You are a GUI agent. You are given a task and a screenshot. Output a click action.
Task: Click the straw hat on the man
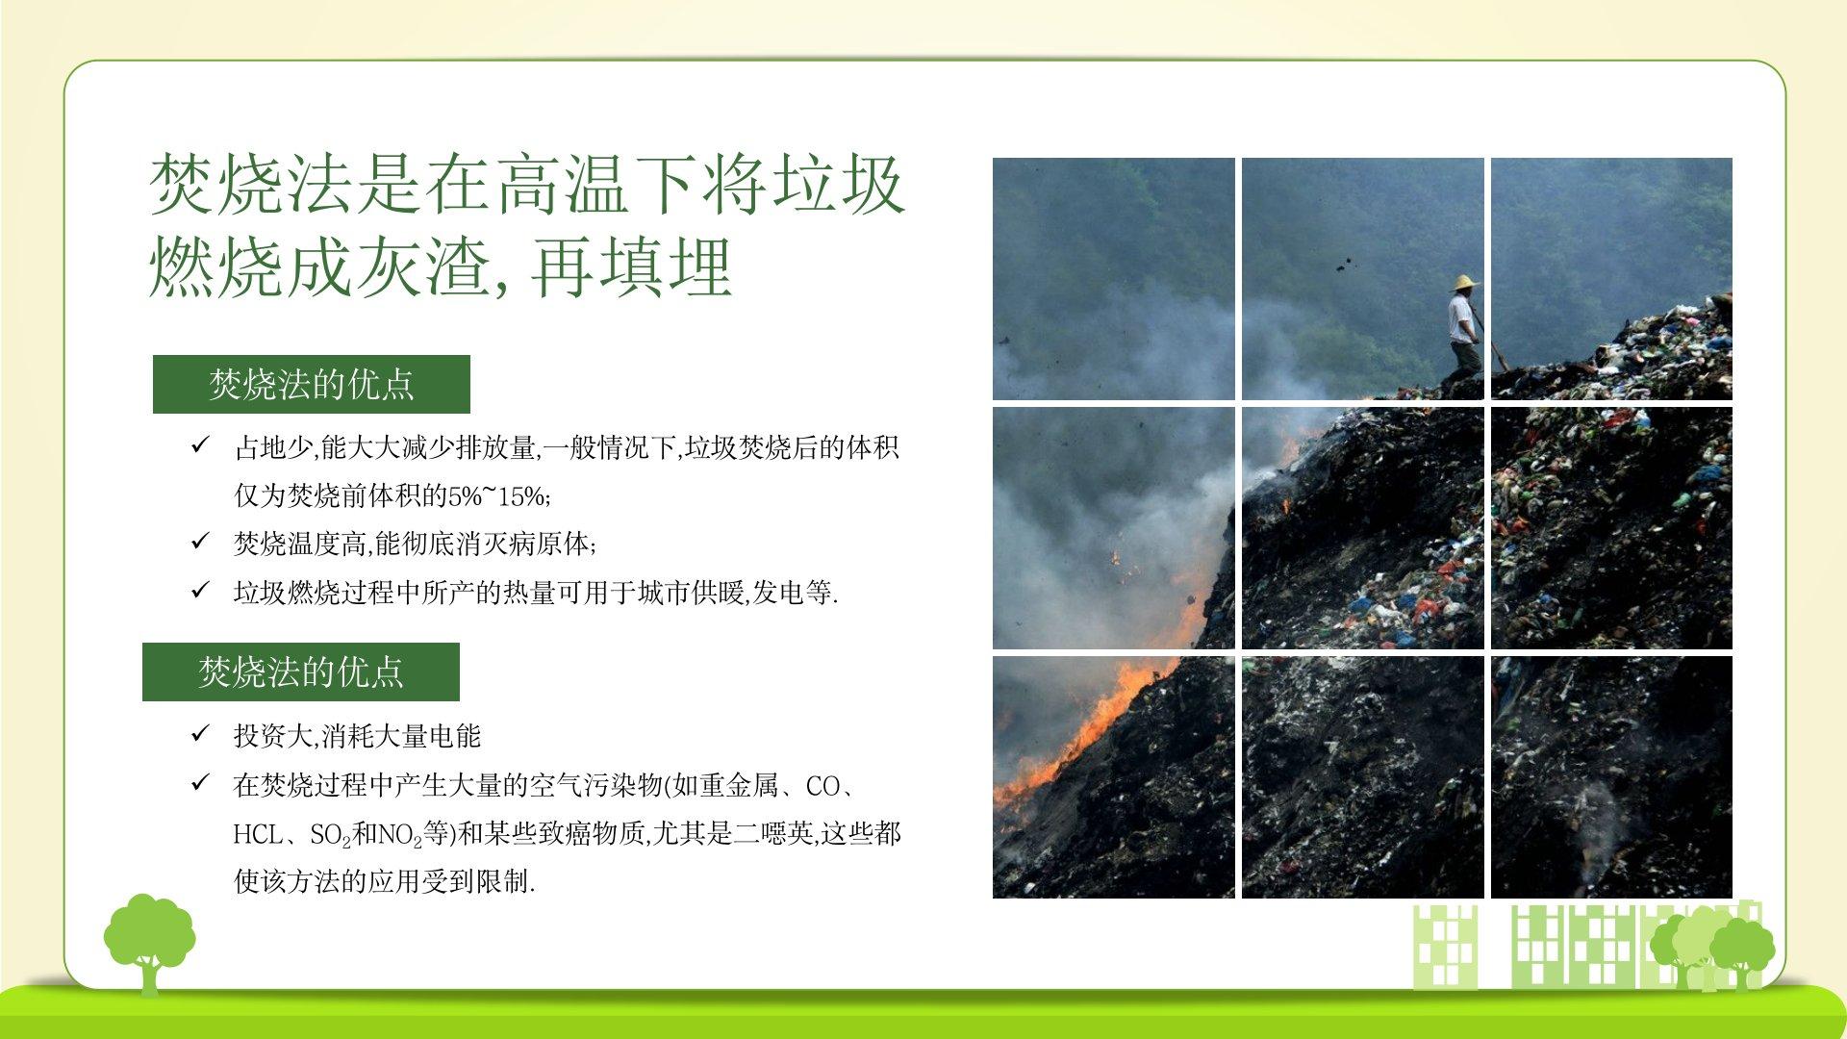point(1465,283)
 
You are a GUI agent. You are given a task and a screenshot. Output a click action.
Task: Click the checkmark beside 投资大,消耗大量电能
point(200,734)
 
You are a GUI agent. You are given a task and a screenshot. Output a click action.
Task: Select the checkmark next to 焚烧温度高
point(200,542)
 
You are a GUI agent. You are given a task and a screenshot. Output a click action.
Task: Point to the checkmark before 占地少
point(200,445)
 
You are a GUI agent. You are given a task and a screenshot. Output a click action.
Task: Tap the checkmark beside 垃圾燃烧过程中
point(200,590)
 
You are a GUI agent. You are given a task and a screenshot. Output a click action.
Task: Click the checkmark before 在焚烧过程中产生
point(200,783)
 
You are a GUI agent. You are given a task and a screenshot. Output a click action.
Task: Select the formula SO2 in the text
point(331,835)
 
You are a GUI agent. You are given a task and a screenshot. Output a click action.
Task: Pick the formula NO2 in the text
point(400,835)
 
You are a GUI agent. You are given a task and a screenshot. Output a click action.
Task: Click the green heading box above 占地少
point(312,385)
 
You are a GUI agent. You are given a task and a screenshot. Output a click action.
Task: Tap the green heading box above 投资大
point(301,672)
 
